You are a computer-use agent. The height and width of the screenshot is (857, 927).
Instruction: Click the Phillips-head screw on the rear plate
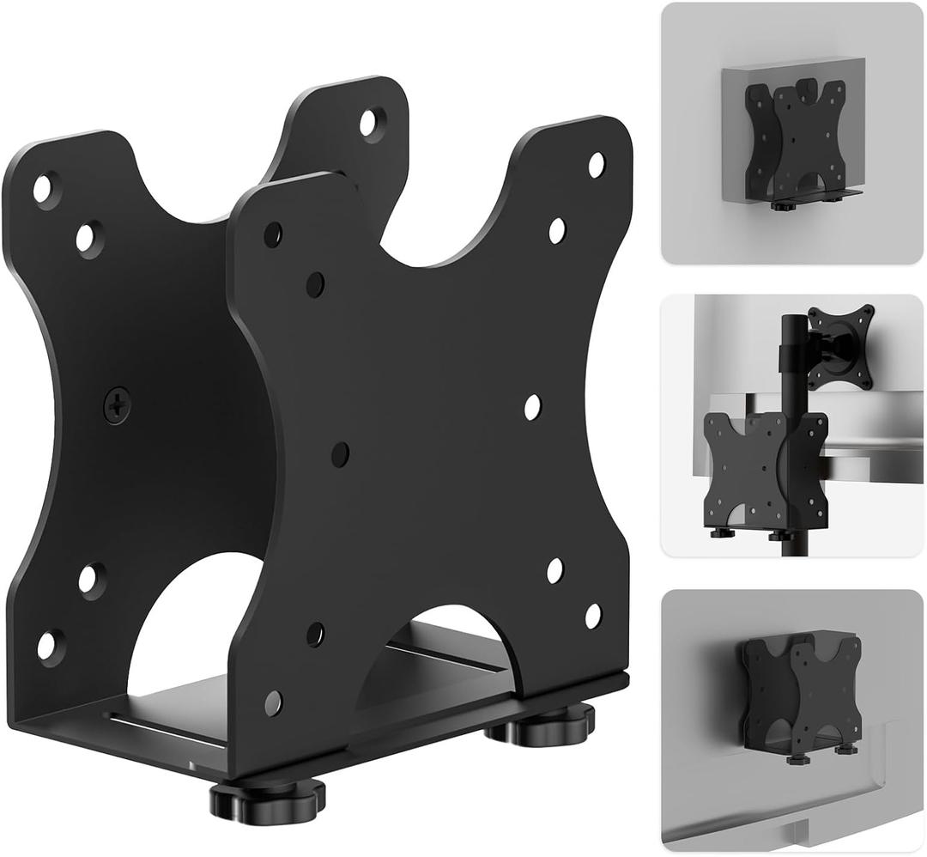point(117,404)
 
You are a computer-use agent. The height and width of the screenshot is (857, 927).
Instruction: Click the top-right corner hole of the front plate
point(596,164)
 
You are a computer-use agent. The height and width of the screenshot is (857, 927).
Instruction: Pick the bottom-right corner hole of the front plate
point(593,615)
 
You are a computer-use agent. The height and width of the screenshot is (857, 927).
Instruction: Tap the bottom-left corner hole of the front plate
point(273,702)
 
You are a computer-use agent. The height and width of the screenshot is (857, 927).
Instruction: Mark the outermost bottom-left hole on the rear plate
point(50,643)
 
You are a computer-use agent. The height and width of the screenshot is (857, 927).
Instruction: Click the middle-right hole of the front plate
point(532,407)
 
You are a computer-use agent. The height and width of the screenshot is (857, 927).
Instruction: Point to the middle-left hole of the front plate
point(340,453)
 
